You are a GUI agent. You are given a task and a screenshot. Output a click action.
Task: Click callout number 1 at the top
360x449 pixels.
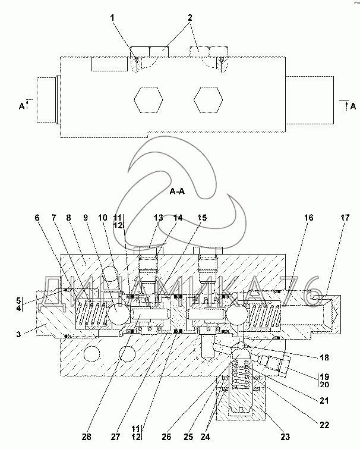[112, 18]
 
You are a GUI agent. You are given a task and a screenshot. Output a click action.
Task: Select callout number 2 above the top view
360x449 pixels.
[190, 18]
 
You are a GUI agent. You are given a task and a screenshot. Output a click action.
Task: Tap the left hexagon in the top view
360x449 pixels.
[149, 100]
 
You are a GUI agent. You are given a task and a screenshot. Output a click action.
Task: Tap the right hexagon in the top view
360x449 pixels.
[208, 100]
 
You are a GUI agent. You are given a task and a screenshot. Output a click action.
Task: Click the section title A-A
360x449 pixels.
[177, 191]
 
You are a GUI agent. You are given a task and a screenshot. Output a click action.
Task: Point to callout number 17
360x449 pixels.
[345, 218]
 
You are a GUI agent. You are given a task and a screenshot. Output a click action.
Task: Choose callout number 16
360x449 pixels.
[308, 218]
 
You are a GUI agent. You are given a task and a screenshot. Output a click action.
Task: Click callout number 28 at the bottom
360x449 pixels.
[86, 437]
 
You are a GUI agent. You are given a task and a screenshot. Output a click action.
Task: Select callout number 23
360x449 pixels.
[285, 437]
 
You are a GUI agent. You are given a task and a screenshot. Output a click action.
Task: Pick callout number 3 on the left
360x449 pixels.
[18, 334]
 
